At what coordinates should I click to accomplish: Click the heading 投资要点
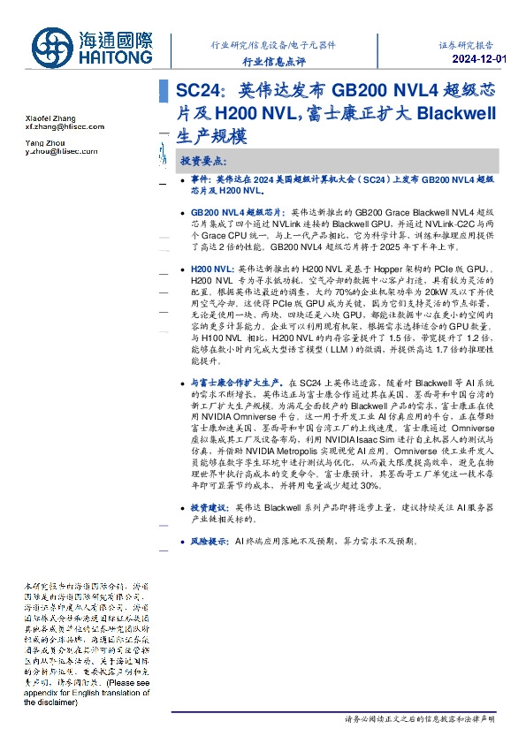point(204,162)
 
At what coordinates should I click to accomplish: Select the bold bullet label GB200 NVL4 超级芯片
point(236,213)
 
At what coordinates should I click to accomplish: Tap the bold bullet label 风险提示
point(210,539)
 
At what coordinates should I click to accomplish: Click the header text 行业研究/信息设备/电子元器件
point(273,43)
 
